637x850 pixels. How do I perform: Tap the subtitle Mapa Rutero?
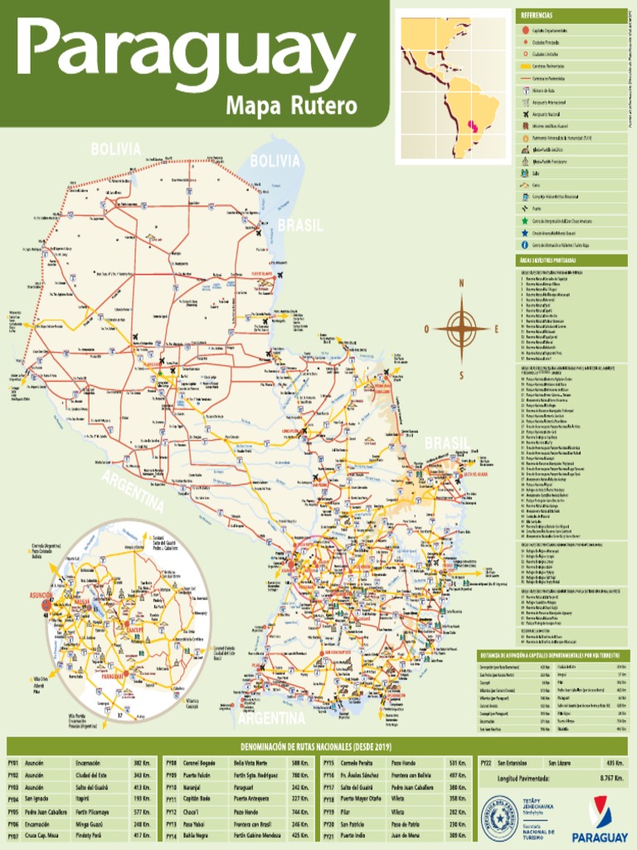tap(291, 106)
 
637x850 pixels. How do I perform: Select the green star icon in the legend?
tap(524, 222)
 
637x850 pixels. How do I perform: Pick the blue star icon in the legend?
tap(524, 233)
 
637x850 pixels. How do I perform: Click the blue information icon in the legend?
tap(524, 245)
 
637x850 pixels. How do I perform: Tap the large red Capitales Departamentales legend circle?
tap(524, 31)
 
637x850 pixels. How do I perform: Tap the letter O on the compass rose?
tap(427, 329)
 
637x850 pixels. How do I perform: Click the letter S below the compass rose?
tap(462, 374)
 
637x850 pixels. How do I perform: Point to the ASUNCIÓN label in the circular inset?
tap(41, 596)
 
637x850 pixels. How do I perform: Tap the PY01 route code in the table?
tap(13, 762)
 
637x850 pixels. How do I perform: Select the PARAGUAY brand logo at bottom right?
tap(603, 817)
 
